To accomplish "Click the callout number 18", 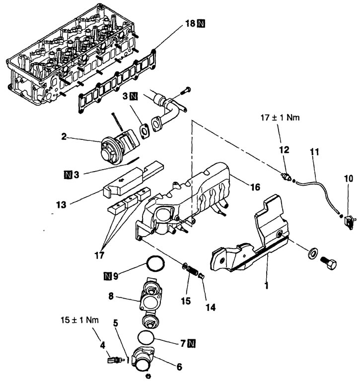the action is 190,24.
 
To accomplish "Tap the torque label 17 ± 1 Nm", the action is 280,118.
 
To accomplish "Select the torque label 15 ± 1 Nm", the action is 79,320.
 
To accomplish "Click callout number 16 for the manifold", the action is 255,187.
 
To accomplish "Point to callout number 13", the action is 61,205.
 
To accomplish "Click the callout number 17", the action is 99,256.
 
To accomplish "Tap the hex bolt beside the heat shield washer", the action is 328,264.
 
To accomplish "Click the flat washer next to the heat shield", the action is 313,253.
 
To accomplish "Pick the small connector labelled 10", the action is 349,222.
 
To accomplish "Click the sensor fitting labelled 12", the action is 287,177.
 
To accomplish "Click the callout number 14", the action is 211,307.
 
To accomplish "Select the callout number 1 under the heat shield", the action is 267,285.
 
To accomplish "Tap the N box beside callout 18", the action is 201,24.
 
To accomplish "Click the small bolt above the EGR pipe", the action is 186,91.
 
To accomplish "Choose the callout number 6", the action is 179,367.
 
